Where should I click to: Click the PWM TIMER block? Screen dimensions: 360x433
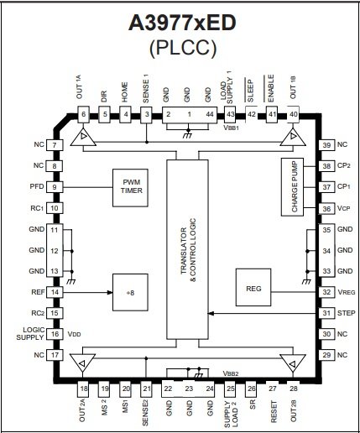130,188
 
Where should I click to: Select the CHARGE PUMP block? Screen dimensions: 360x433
292,187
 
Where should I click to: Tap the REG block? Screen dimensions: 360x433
253,287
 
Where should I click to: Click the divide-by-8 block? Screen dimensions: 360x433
130,292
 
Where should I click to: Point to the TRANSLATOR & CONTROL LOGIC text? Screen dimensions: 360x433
188,250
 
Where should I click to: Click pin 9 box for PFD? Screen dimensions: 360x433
55,187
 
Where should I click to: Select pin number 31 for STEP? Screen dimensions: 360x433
326,313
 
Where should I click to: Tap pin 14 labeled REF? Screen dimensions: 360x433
55,292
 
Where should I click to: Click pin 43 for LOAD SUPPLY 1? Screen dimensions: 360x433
231,114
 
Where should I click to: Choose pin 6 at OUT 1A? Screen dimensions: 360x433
83,114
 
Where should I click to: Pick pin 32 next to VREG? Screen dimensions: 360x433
326,292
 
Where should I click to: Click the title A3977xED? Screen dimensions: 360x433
182,23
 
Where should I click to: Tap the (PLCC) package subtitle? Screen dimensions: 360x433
183,48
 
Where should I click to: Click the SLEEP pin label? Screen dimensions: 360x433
250,91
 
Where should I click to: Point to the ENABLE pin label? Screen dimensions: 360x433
270,88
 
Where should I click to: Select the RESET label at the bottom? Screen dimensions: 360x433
274,412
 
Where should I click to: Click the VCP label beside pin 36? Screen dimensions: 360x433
343,208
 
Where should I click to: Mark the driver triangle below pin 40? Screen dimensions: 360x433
293,137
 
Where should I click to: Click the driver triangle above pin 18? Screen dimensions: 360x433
82,363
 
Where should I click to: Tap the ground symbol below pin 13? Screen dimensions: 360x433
71,282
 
